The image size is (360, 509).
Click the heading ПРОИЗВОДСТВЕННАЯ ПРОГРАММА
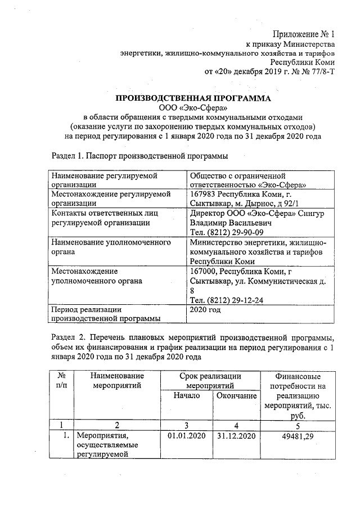193,98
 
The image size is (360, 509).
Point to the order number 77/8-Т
319,71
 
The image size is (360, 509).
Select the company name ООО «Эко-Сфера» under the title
193,108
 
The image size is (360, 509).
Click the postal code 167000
204,271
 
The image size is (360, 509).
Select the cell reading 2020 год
206,310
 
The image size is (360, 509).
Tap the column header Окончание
236,396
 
